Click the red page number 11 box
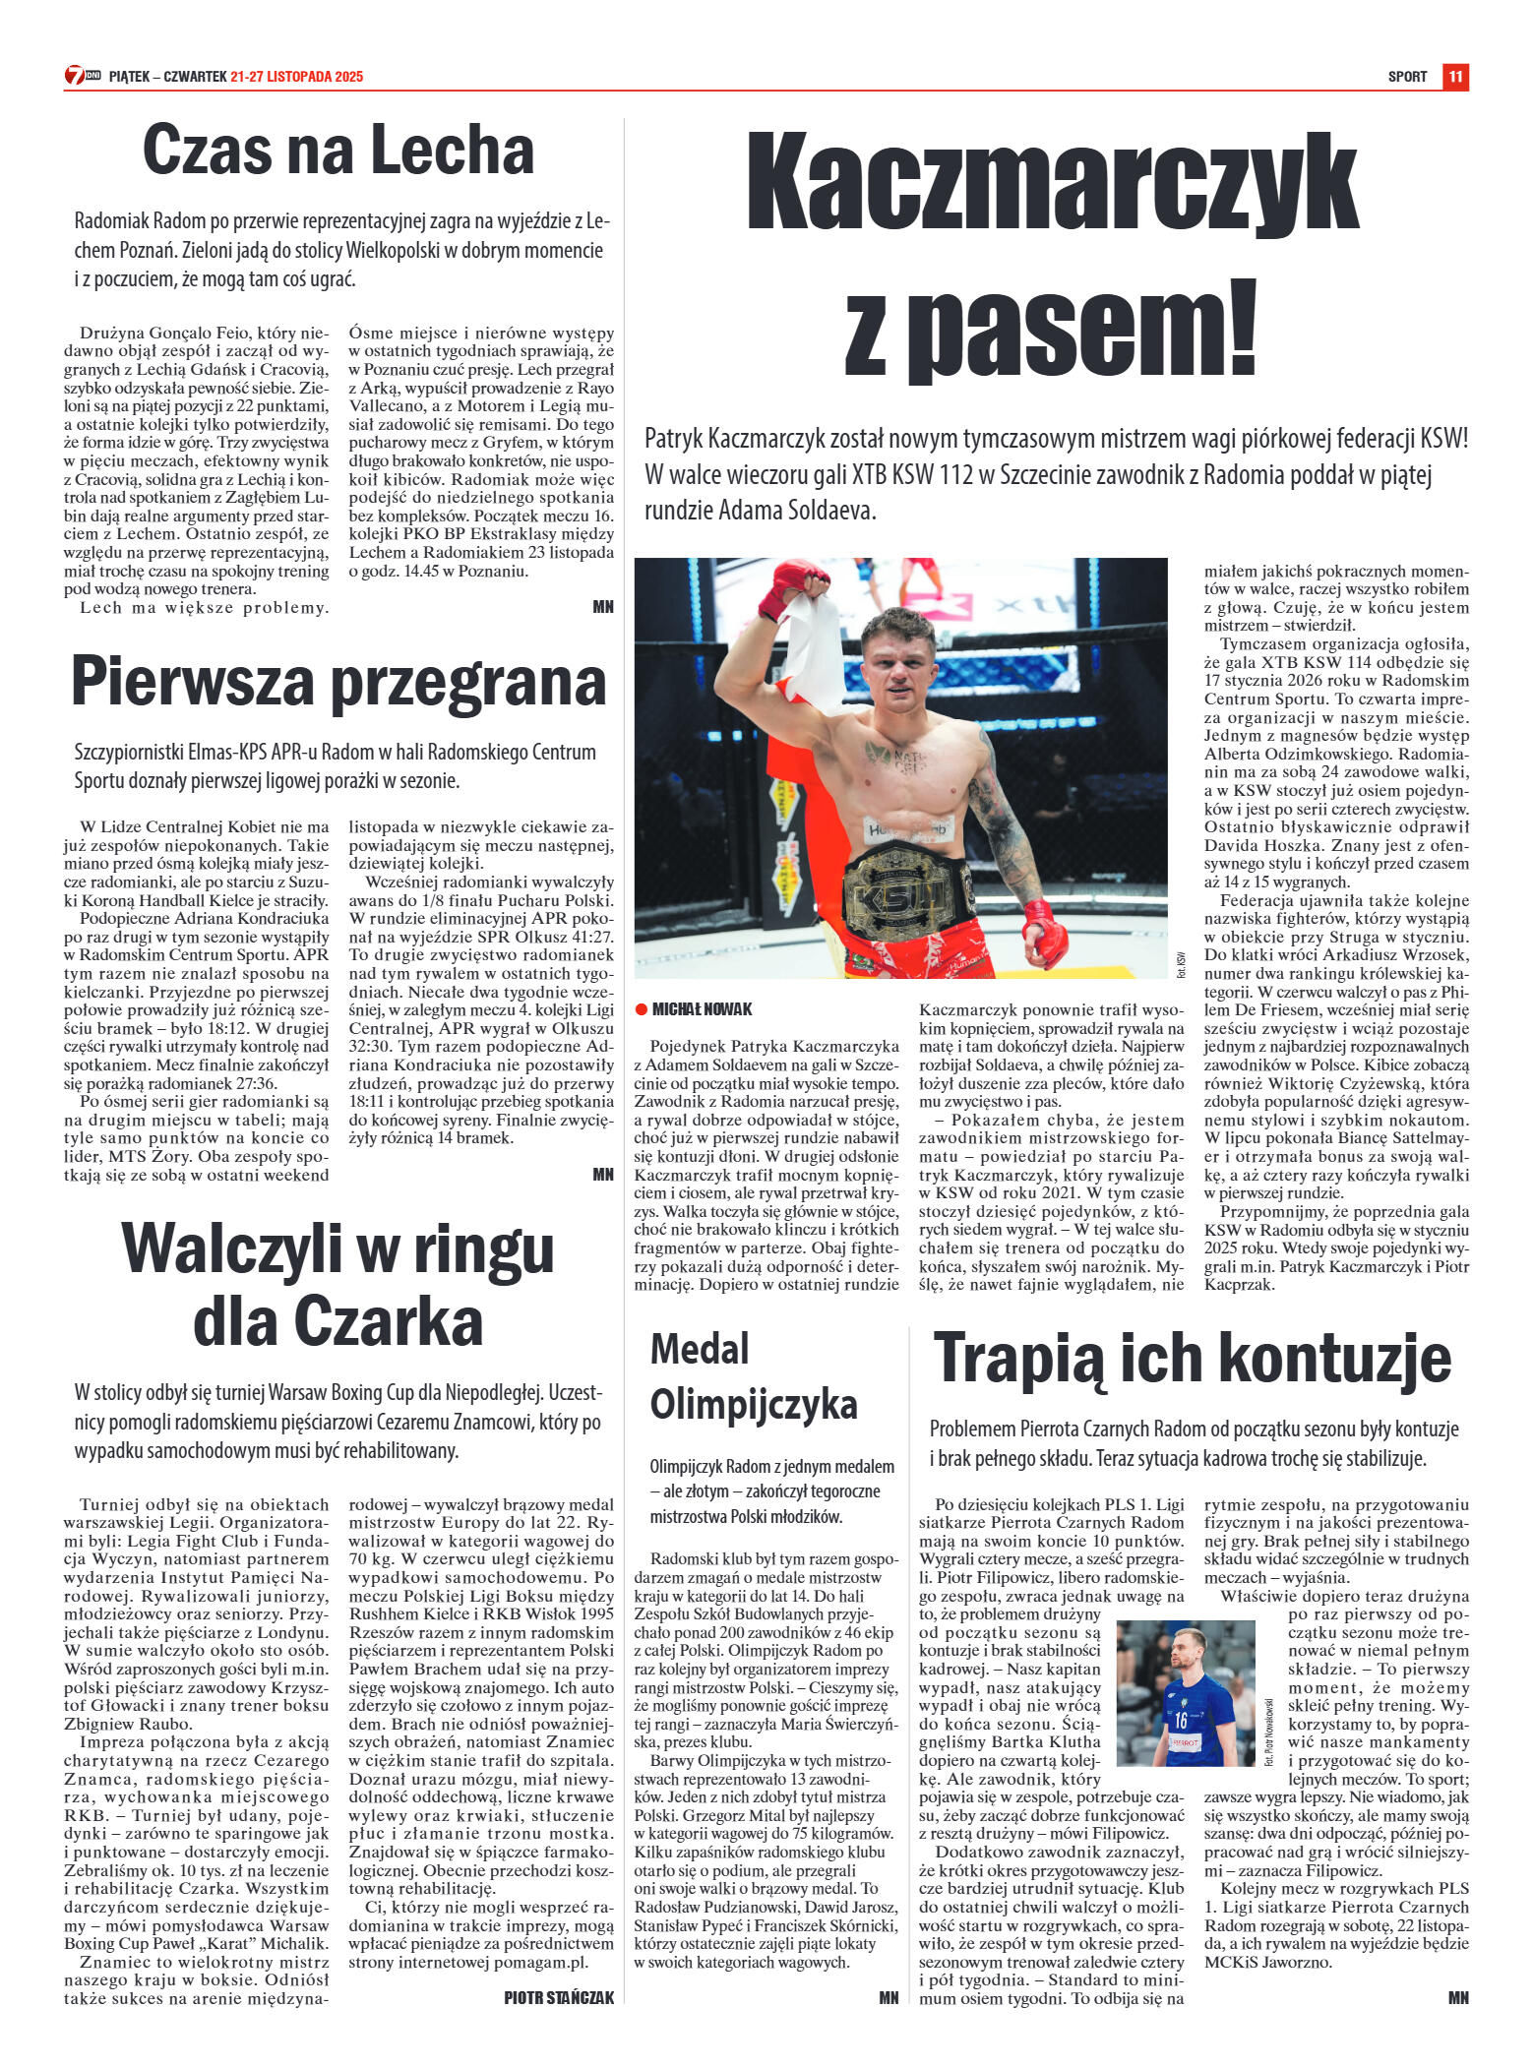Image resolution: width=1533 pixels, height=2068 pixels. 1455,77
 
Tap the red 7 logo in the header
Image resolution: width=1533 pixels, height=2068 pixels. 76,76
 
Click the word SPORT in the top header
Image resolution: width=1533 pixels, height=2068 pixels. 1407,77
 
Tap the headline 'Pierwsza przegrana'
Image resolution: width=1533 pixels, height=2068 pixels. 337,682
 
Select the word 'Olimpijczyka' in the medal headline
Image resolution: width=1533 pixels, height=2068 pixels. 754,1403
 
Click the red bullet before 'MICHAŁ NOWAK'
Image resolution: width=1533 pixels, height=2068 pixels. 641,1009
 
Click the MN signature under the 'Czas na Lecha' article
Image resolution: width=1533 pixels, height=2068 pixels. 603,607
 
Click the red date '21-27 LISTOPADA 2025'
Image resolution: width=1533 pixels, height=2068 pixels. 297,77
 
